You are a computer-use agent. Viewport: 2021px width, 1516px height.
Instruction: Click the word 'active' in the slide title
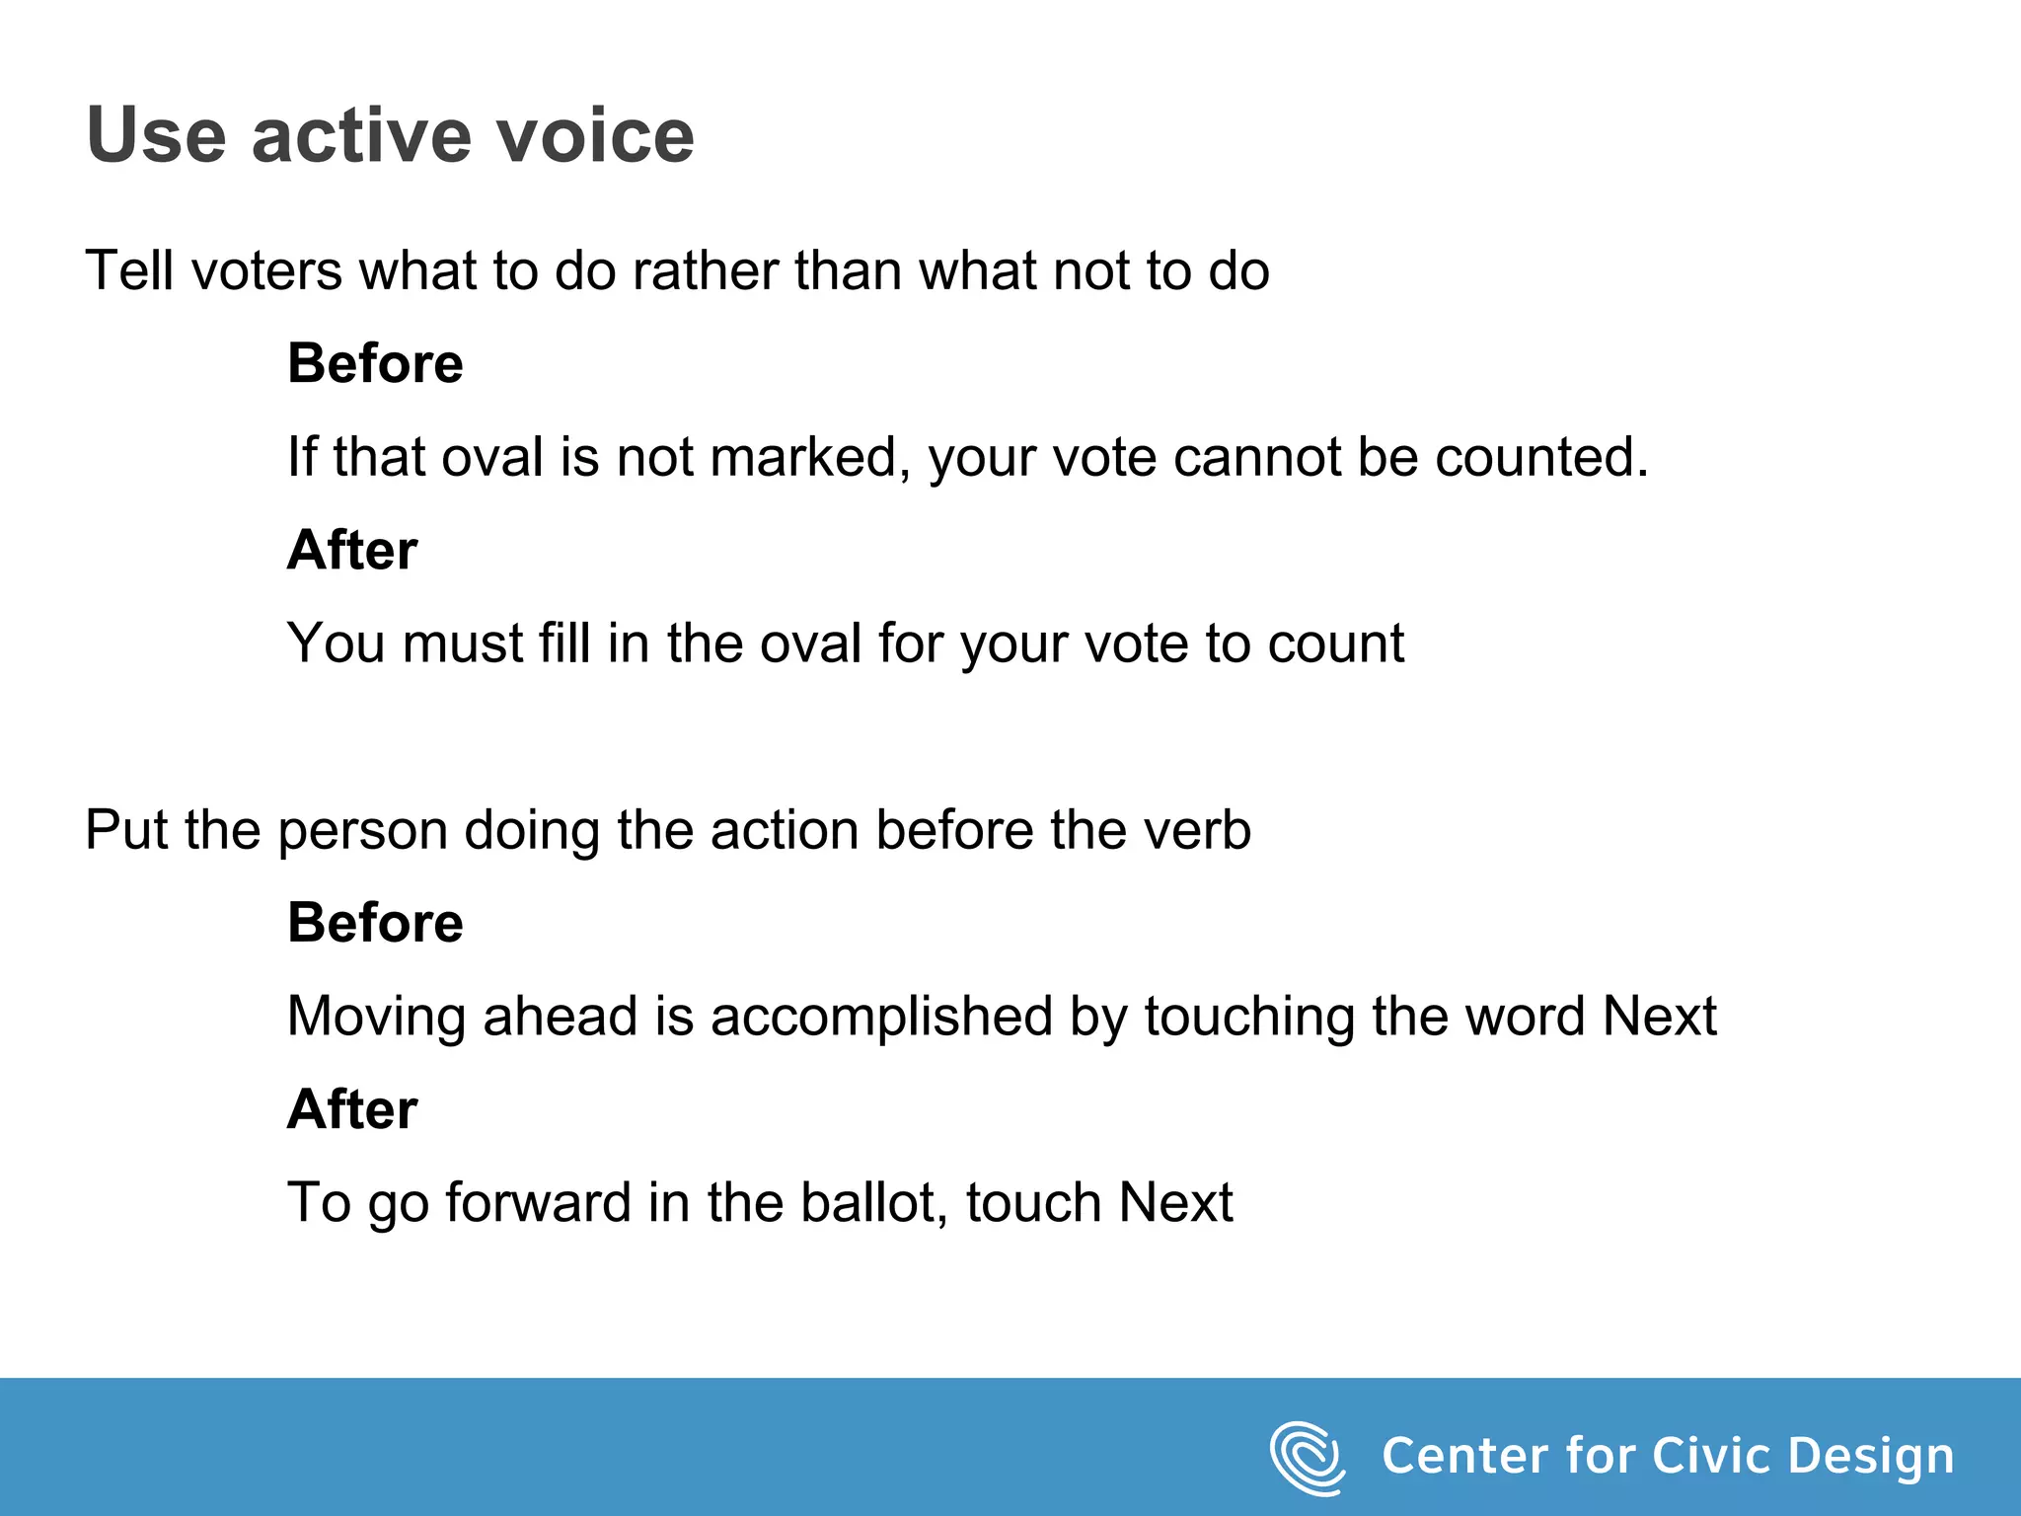coord(361,135)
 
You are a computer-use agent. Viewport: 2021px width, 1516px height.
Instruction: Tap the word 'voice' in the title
coord(595,135)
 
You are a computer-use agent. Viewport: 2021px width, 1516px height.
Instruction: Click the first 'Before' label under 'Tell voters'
coord(375,363)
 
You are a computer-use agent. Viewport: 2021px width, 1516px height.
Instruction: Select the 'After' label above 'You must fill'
coord(352,550)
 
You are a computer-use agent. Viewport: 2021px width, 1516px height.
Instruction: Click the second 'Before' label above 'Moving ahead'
coord(375,923)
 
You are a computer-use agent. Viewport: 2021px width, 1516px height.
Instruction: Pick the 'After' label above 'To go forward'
coord(352,1109)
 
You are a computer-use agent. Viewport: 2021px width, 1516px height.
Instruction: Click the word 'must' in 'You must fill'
coord(462,644)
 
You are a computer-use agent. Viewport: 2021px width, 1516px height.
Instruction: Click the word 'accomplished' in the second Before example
coord(881,1017)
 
